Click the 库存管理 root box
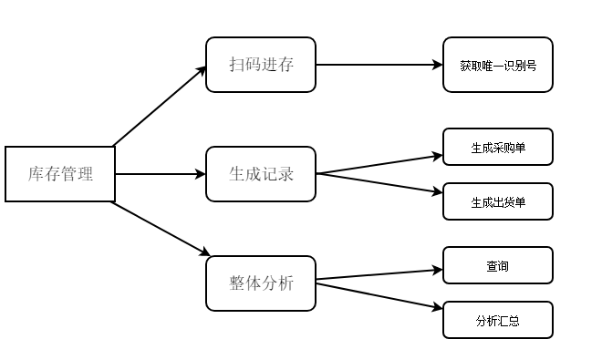point(60,173)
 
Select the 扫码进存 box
point(261,65)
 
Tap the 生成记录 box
point(261,173)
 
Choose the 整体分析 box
point(261,283)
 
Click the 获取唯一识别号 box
point(498,65)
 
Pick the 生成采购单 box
point(498,147)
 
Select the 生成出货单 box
point(498,201)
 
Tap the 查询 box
point(498,265)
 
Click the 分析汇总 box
point(498,320)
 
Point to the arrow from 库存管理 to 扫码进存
point(160,106)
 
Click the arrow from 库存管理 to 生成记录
point(161,173)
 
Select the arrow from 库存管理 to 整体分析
point(161,228)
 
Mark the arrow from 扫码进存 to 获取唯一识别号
point(379,65)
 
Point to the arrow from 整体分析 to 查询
point(379,274)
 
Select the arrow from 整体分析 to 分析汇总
point(379,296)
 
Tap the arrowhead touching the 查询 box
point(437,270)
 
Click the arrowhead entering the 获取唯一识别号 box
point(437,65)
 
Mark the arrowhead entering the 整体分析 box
point(204,252)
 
